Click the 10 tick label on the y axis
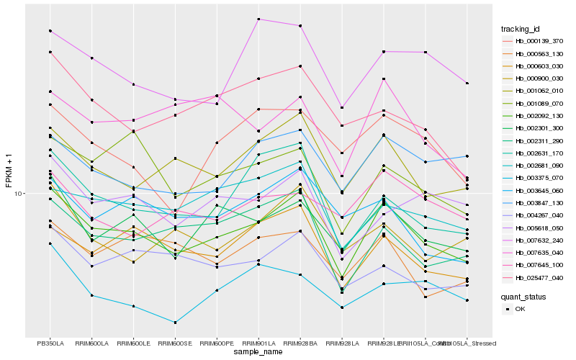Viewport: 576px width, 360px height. [20, 194]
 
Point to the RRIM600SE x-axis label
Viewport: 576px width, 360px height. [175, 343]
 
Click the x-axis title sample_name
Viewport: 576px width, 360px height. [258, 352]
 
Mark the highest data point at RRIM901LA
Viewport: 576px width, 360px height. [258, 19]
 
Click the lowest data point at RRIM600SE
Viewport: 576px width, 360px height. [175, 322]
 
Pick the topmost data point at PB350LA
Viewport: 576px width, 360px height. [50, 31]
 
